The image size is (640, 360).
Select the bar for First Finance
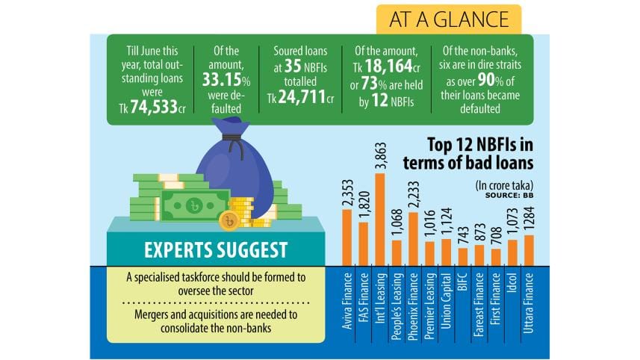pos(495,256)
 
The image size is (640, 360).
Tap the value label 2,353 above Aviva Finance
pos(347,186)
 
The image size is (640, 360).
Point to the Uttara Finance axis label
pos(529,306)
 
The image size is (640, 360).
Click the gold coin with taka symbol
pos(229,220)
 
